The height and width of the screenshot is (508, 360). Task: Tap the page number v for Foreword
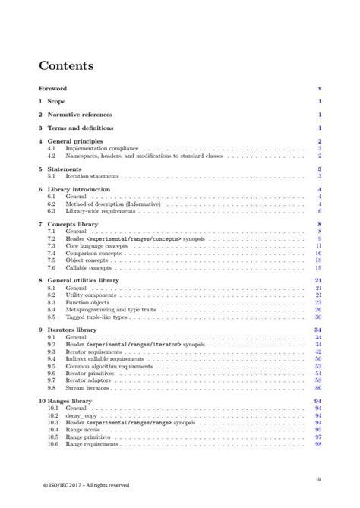click(x=321, y=88)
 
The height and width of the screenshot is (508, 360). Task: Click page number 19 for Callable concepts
click(x=320, y=267)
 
